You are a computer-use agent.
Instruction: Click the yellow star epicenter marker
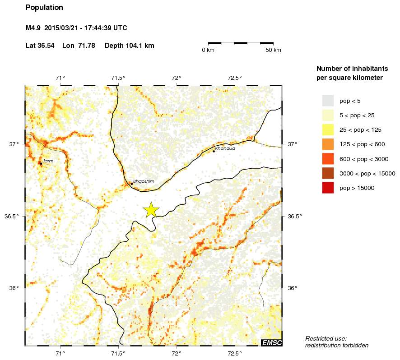151,209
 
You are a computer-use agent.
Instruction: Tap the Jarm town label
48,161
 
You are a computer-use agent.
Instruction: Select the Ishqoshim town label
144,181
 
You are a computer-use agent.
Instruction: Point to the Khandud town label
225,148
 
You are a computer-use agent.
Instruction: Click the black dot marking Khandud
214,151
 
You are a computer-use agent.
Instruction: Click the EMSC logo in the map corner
272,343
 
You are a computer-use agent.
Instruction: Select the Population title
44,8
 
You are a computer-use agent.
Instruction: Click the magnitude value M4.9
34,28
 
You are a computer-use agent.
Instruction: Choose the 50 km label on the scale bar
273,50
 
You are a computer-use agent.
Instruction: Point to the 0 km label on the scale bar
208,50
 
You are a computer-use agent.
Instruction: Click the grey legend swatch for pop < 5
328,100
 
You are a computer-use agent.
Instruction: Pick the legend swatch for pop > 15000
328,188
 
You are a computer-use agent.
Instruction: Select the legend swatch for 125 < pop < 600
328,144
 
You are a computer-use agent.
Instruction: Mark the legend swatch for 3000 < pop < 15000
328,173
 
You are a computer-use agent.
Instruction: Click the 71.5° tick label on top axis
118,77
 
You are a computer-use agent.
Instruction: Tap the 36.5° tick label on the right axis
295,216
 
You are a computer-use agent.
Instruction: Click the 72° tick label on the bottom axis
177,353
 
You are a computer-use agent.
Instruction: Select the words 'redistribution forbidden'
337,346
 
